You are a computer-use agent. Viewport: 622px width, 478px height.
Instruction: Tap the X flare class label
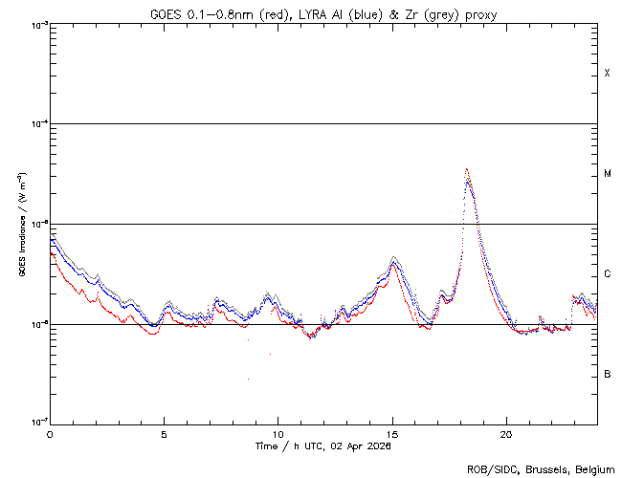[x=607, y=74]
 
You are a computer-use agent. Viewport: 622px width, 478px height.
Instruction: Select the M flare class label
[x=607, y=174]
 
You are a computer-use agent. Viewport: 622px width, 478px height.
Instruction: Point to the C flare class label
[x=607, y=274]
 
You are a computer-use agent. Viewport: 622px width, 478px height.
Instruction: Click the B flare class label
[x=607, y=374]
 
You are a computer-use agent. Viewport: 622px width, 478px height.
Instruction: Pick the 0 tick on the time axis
[x=50, y=433]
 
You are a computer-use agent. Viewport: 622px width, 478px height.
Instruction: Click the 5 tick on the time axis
[x=165, y=433]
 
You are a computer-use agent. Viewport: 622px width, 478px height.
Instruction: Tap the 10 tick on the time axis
[x=278, y=433]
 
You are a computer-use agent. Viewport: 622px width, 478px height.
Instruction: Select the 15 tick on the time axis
[x=392, y=433]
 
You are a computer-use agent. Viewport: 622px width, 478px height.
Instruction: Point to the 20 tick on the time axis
[x=506, y=433]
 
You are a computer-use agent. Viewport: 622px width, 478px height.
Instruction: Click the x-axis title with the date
[x=323, y=445]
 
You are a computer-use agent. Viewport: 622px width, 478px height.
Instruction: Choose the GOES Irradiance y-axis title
[x=21, y=224]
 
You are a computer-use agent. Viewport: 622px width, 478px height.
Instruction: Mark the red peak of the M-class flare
[x=466, y=169]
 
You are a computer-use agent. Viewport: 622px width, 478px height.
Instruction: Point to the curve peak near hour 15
[x=393, y=258]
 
